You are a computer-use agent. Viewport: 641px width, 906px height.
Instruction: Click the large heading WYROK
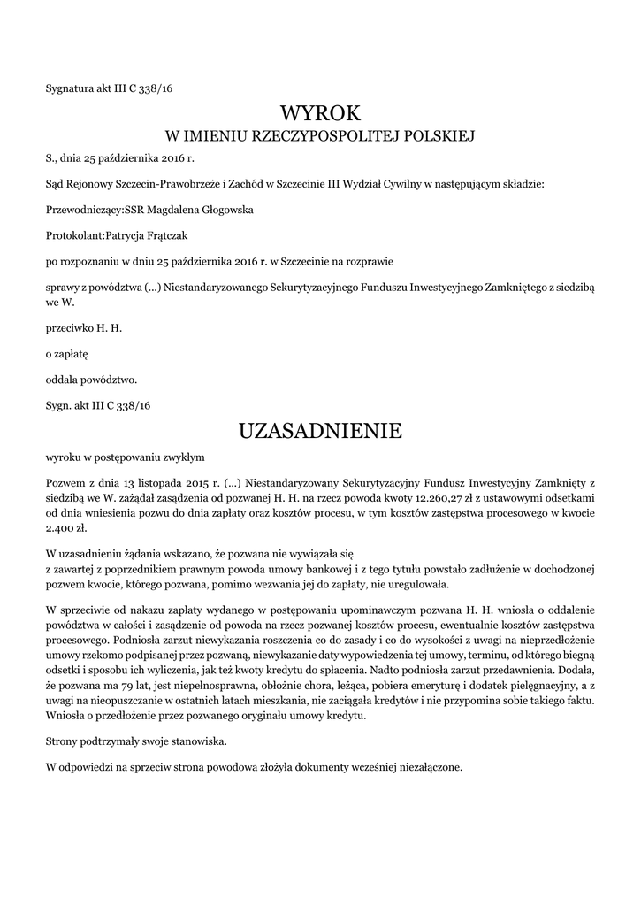(320, 113)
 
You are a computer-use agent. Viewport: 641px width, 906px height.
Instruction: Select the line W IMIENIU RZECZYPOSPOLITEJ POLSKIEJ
(321, 136)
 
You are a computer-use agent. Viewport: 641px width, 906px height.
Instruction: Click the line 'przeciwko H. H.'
(83, 328)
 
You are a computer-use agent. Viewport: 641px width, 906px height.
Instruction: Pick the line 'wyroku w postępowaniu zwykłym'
(125, 457)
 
